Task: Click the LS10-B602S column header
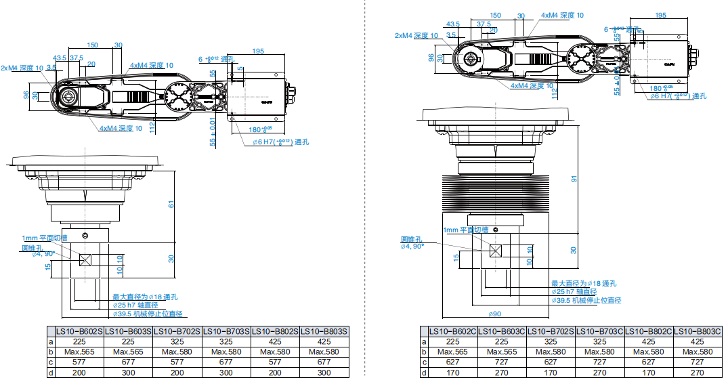[79, 331]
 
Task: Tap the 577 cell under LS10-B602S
[79, 362]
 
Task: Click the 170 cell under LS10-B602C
[453, 373]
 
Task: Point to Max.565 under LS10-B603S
[128, 352]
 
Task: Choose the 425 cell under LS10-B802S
[275, 342]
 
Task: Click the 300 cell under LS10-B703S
[226, 373]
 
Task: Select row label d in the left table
[51, 373]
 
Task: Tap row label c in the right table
[424, 362]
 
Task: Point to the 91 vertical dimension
[573, 179]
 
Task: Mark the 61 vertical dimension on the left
[171, 204]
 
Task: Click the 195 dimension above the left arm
[257, 51]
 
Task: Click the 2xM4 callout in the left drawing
[22, 68]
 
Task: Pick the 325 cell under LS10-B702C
[551, 342]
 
